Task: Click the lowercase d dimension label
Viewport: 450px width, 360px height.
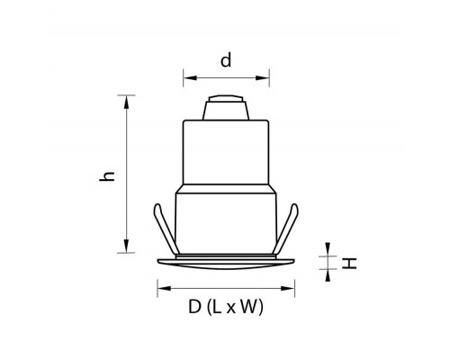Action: [x=226, y=60]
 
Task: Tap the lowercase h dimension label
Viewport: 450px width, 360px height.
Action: [x=107, y=176]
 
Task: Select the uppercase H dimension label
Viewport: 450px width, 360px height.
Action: [x=349, y=264]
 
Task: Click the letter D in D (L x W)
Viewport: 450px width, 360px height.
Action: [x=194, y=307]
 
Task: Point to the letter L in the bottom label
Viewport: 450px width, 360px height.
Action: [x=217, y=307]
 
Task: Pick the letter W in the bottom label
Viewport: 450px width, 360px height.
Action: [x=247, y=307]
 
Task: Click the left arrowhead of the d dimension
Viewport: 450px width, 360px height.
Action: [x=190, y=78]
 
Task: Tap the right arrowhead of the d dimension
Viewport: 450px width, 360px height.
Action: [x=263, y=78]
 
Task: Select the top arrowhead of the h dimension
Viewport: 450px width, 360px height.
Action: [x=127, y=102]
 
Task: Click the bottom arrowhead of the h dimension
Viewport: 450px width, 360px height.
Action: [x=127, y=247]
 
